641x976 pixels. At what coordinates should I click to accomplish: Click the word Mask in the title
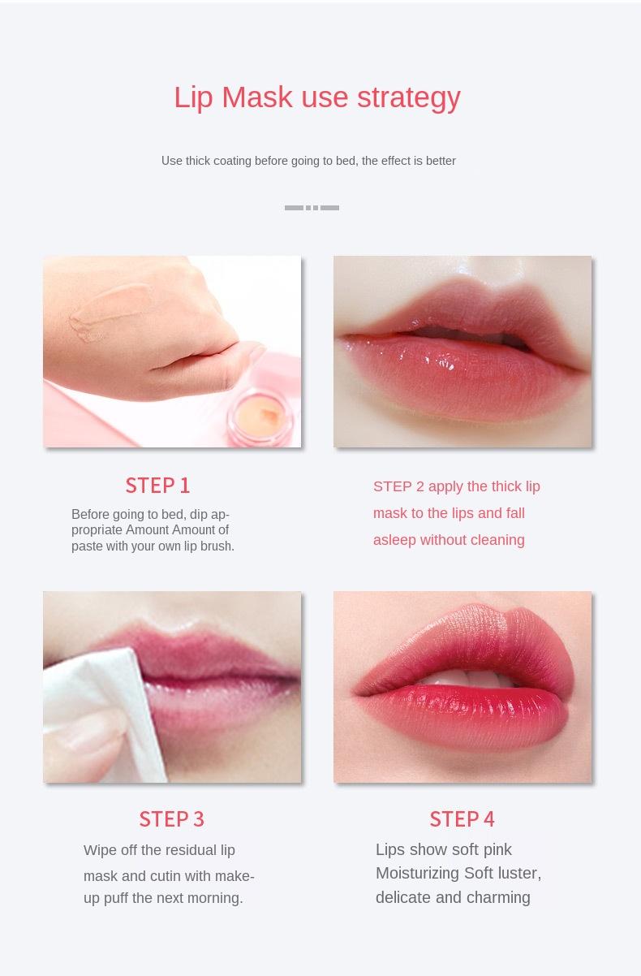[x=256, y=97]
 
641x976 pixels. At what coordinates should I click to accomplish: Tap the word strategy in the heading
[x=408, y=98]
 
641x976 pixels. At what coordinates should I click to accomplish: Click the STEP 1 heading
[x=157, y=486]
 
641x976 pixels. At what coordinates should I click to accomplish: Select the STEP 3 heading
[x=171, y=818]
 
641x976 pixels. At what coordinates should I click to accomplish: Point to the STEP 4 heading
[x=462, y=818]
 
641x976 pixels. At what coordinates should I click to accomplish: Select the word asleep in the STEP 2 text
[x=394, y=540]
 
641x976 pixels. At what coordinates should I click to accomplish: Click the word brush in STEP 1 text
[x=216, y=546]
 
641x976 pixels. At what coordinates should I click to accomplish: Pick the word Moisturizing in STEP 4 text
[x=416, y=874]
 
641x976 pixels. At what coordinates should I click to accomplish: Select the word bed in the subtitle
[x=346, y=161]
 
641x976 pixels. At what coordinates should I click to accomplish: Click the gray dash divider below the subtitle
[x=312, y=208]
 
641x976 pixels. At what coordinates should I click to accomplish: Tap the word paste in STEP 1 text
[x=87, y=546]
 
